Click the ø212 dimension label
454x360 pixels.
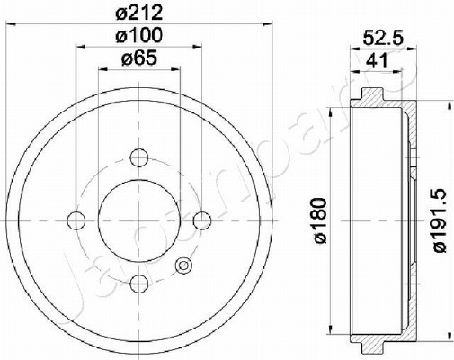click(x=138, y=13)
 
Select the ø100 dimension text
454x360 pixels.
click(x=138, y=35)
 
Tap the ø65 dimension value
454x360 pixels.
click(x=139, y=58)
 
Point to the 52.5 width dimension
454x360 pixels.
click(x=383, y=38)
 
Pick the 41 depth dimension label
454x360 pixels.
click(x=377, y=61)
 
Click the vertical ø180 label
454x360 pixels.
click(x=320, y=220)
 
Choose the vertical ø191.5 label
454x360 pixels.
click(x=441, y=221)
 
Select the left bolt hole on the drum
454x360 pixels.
click(x=76, y=220)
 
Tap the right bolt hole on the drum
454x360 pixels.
click(x=202, y=220)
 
